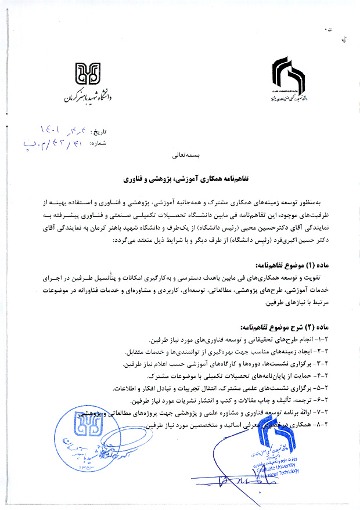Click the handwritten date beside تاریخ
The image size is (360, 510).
pos(65,128)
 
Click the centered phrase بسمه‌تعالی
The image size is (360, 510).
pos(180,156)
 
